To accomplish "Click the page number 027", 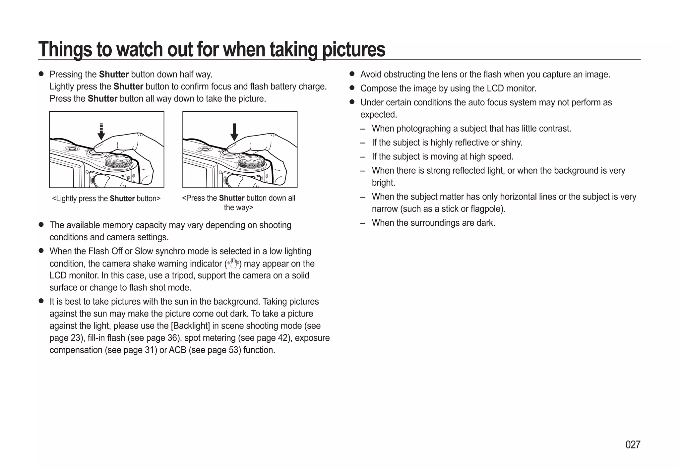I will (633, 445).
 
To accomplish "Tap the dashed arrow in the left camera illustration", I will (101, 132).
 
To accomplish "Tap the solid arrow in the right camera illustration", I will (234, 132).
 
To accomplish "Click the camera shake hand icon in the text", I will (233, 263).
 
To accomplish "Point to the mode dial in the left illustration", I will (118, 163).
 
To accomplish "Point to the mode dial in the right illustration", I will (252, 163).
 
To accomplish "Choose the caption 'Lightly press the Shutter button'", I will (106, 199).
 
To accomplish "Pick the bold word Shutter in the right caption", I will (232, 198).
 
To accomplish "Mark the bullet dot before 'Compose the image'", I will (352, 88).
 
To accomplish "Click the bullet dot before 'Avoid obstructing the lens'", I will (352, 74).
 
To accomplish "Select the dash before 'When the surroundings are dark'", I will (363, 223).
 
